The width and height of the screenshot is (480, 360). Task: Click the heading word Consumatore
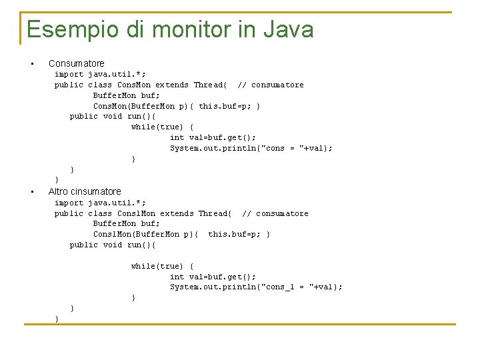(x=77, y=63)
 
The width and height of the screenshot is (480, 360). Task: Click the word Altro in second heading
(x=59, y=191)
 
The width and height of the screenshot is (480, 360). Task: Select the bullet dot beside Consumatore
(x=31, y=64)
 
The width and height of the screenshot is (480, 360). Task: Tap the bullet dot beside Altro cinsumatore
(x=31, y=192)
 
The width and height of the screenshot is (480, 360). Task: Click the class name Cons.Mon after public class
(x=134, y=85)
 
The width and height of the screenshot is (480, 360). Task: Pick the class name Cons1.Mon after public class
(x=136, y=213)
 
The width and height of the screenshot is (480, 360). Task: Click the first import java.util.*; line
(x=100, y=74)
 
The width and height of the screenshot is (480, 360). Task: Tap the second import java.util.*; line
(x=100, y=203)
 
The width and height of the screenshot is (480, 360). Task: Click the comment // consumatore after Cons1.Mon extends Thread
(x=275, y=213)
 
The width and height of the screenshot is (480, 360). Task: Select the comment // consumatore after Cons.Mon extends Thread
(x=270, y=85)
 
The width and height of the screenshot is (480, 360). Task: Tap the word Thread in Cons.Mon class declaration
(x=209, y=85)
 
